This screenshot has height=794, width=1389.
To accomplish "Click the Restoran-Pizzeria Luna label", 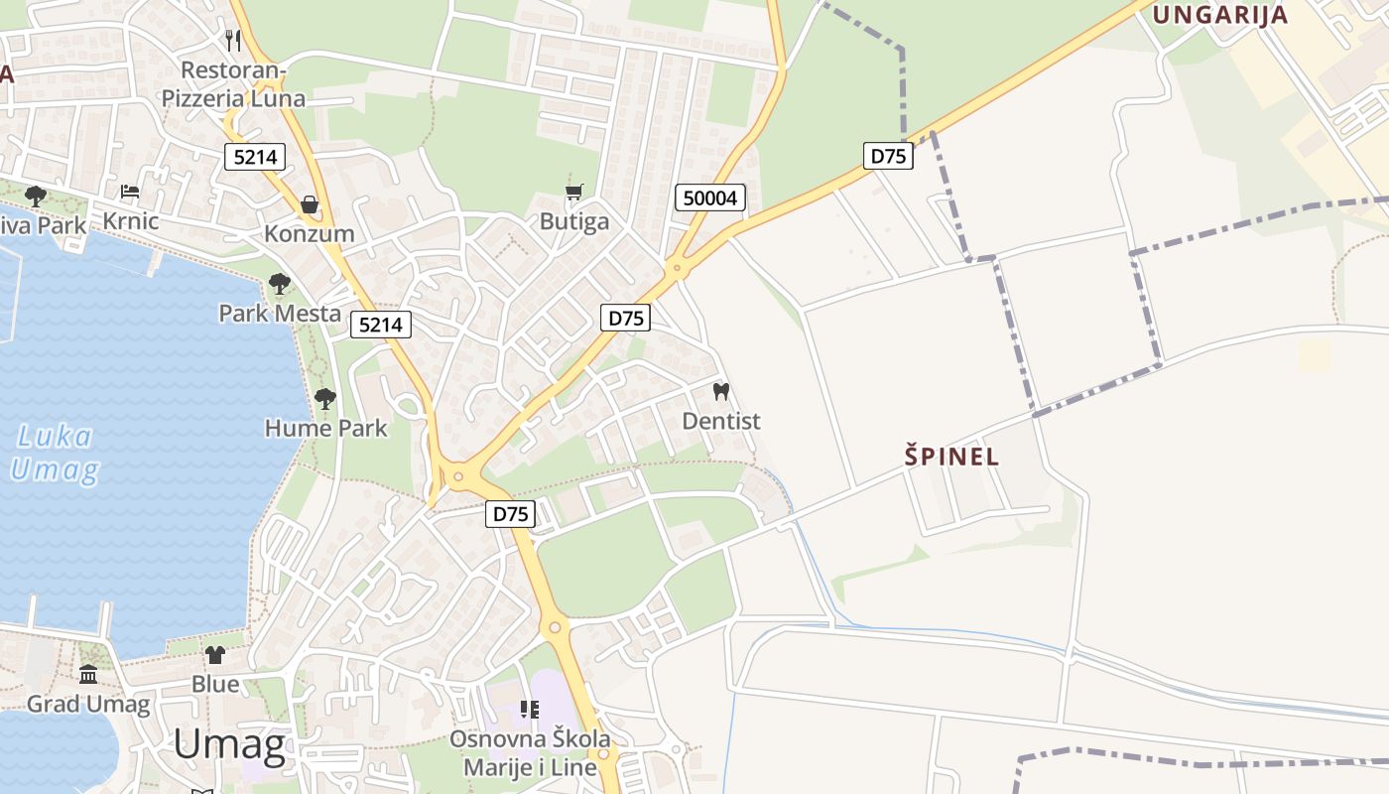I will tap(233, 84).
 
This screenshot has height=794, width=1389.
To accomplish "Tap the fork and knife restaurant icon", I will tap(233, 40).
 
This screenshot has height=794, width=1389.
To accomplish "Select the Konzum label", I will tap(310, 234).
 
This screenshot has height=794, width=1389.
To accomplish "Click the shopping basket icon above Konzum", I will tap(310, 204).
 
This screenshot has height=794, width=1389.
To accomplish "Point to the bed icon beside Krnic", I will tap(130, 192).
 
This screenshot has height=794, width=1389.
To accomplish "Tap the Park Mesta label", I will tap(280, 314).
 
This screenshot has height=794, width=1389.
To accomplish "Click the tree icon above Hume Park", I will tap(324, 399).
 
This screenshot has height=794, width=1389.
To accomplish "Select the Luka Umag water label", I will tap(56, 453).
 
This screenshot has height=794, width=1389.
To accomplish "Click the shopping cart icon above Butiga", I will tap(573, 192).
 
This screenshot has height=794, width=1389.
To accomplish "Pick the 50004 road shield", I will tap(710, 198).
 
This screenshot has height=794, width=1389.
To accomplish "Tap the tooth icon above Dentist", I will tap(721, 391).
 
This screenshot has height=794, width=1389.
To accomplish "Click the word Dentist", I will tap(721, 421).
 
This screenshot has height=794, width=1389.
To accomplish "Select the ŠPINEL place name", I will tap(951, 457).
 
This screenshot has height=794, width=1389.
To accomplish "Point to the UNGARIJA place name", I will tap(1219, 15).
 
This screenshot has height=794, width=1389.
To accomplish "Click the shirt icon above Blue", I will tap(215, 655).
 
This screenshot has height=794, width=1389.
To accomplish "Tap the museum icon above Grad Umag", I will tap(88, 675).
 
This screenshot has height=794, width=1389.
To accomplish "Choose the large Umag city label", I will tap(229, 744).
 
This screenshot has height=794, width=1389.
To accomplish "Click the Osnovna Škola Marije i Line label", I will tap(530, 753).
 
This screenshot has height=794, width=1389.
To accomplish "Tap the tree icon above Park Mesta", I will tap(280, 285).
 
